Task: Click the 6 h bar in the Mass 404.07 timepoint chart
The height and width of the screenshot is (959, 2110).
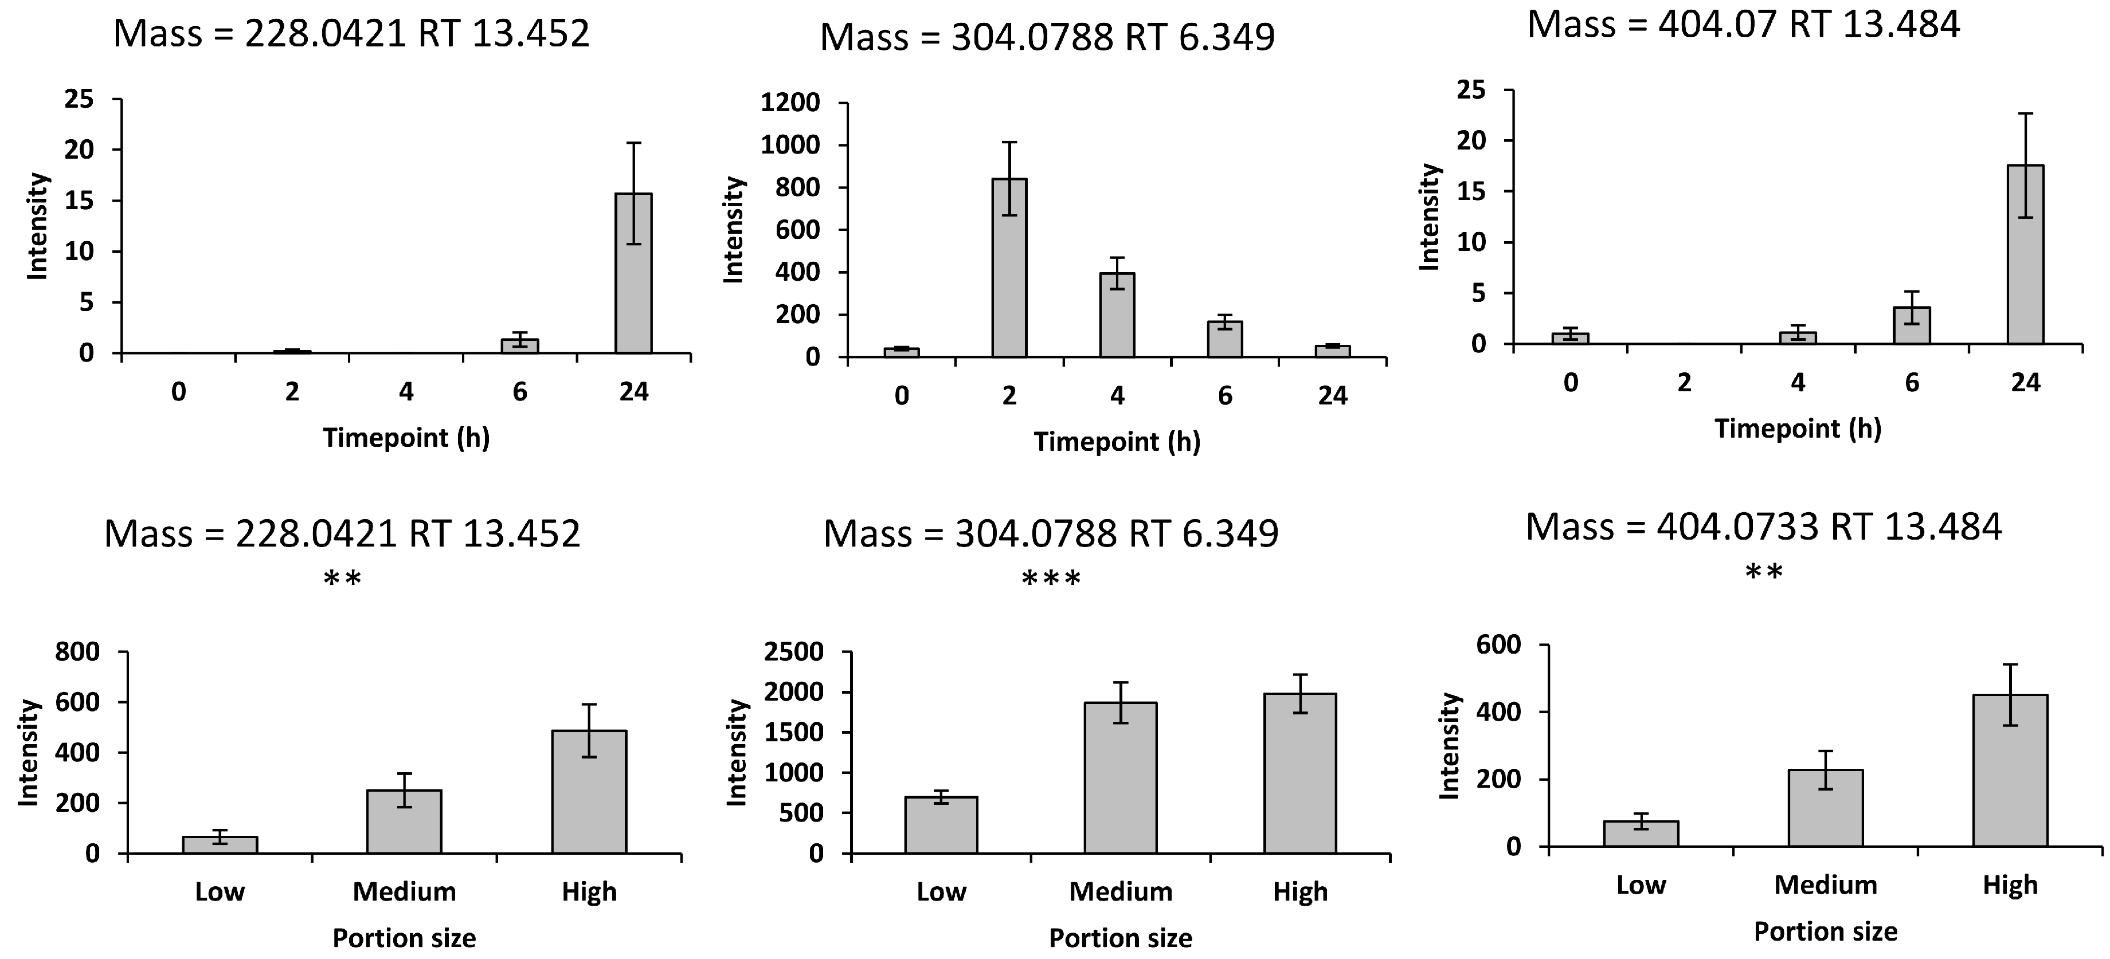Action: tap(1912, 326)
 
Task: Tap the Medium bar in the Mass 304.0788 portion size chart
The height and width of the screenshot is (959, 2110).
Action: tap(1121, 778)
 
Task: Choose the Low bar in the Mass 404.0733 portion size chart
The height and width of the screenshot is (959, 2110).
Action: tap(1641, 834)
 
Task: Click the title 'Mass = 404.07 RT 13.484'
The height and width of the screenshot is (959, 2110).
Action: tap(1743, 25)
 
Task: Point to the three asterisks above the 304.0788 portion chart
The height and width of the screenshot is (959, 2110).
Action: tap(1051, 580)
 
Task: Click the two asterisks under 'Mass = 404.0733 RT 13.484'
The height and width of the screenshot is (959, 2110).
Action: tap(1764, 572)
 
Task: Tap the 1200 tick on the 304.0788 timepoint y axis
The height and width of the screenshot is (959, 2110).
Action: tap(790, 103)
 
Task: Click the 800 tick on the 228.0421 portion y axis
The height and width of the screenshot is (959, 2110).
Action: tap(77, 653)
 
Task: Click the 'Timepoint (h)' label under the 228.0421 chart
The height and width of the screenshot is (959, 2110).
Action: tap(406, 438)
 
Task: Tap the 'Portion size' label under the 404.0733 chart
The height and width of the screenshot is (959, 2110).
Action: tap(1825, 932)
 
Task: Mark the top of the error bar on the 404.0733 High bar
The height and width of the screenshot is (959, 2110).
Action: tap(2010, 664)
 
